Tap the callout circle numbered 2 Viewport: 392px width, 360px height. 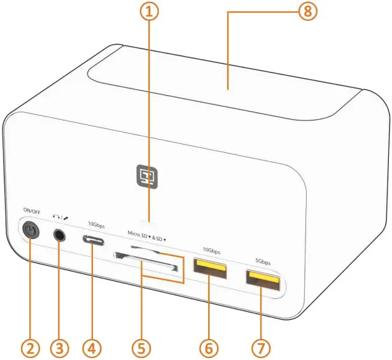point(29,348)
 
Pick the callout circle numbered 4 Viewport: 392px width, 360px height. point(92,348)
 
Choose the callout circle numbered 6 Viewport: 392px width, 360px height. point(209,348)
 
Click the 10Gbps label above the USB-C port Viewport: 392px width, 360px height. point(95,224)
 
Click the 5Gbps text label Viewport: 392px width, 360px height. point(262,261)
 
